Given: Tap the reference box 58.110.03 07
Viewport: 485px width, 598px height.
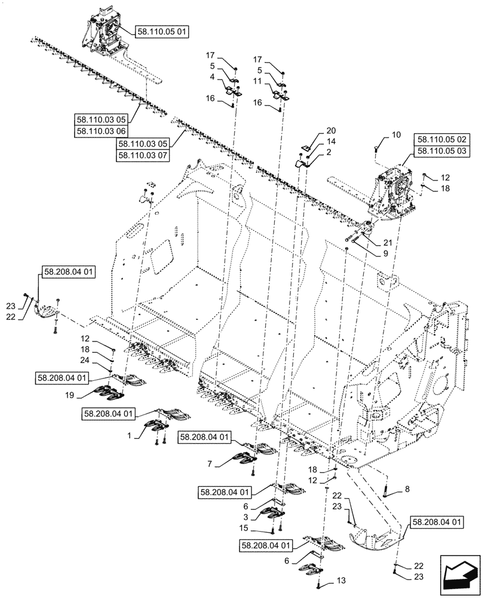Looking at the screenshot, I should click(143, 155).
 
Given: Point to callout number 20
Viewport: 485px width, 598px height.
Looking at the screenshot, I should click(331, 130).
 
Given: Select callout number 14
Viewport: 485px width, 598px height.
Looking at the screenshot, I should click(331, 141).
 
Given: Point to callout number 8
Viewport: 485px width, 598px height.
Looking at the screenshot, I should click(407, 489).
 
